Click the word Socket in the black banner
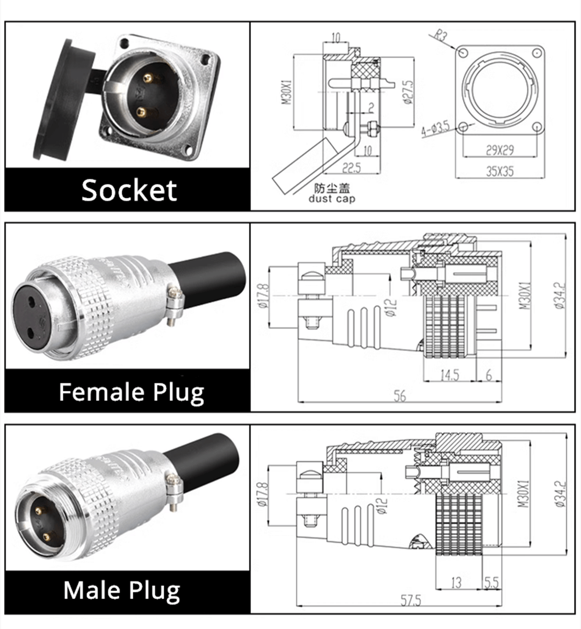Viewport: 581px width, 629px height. pyautogui.click(x=129, y=190)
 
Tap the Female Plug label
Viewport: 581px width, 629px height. pyautogui.click(x=131, y=392)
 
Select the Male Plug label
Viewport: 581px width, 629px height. pyautogui.click(x=122, y=590)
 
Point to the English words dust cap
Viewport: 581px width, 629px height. pyautogui.click(x=332, y=199)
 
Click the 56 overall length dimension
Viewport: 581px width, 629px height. pyautogui.click(x=400, y=396)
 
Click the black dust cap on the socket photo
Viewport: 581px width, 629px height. pyautogui.click(x=58, y=99)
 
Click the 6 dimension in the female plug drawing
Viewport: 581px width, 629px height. pyautogui.click(x=489, y=375)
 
